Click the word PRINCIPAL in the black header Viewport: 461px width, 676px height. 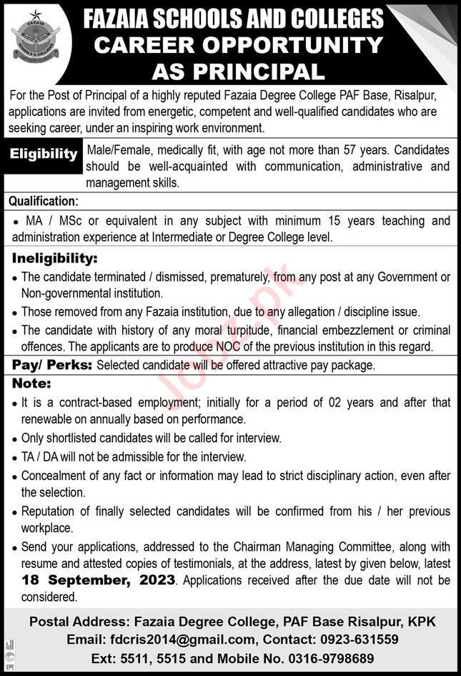click(x=266, y=72)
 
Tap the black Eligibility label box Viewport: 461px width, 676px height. click(x=44, y=154)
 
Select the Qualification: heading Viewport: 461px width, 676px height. click(x=44, y=202)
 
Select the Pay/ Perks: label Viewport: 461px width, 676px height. click(x=52, y=366)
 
